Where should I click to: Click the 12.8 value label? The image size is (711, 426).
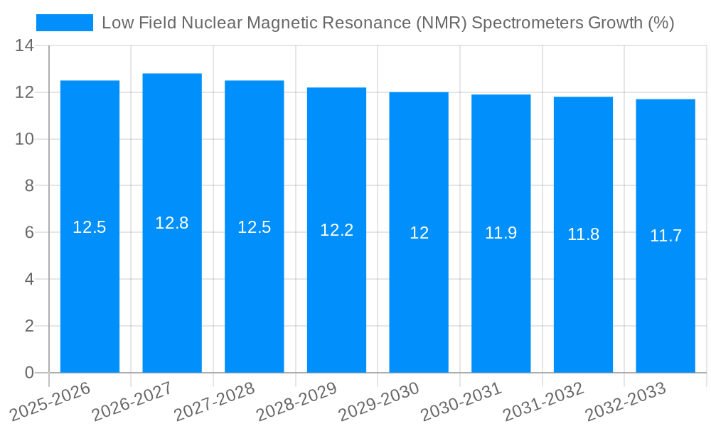pyautogui.click(x=172, y=223)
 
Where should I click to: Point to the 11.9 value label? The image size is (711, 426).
pyautogui.click(x=501, y=232)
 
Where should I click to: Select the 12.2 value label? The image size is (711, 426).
pyautogui.click(x=336, y=230)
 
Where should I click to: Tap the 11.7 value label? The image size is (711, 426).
pyautogui.click(x=665, y=236)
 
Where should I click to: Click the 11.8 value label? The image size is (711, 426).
pyautogui.click(x=583, y=234)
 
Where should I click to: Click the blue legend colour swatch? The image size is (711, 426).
pyautogui.click(x=65, y=23)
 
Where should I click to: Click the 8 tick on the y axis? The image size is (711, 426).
pyautogui.click(x=29, y=186)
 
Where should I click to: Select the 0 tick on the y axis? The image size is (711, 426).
pyautogui.click(x=29, y=373)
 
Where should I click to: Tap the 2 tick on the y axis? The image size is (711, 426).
pyautogui.click(x=29, y=326)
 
